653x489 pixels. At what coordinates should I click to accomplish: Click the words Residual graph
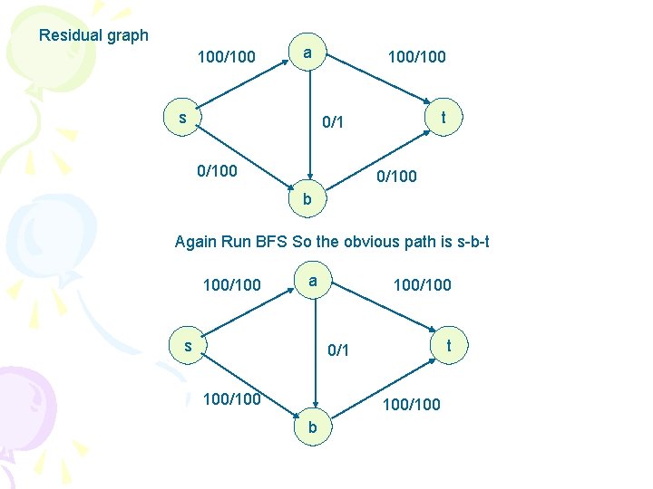pyautogui.click(x=93, y=36)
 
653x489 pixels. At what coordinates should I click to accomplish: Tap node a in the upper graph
pyautogui.click(x=308, y=53)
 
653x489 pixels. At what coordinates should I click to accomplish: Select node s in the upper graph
pyautogui.click(x=182, y=118)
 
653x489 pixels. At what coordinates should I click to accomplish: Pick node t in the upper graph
pyautogui.click(x=443, y=118)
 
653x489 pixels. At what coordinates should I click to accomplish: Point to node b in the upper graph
pyautogui.click(x=307, y=198)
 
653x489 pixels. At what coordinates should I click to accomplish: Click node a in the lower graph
pyautogui.click(x=312, y=282)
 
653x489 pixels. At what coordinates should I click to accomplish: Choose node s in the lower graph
pyautogui.click(x=188, y=346)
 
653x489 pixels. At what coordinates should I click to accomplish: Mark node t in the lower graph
pyautogui.click(x=448, y=345)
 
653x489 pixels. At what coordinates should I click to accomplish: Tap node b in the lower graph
pyautogui.click(x=311, y=426)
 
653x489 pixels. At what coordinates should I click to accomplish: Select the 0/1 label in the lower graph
pyautogui.click(x=337, y=350)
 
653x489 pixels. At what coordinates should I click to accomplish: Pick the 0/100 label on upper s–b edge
pyautogui.click(x=218, y=169)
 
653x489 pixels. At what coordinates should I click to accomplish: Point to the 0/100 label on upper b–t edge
pyautogui.click(x=398, y=177)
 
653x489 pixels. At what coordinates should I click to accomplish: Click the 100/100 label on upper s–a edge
pyautogui.click(x=227, y=58)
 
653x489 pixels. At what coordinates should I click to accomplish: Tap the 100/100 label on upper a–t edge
pyautogui.click(x=416, y=58)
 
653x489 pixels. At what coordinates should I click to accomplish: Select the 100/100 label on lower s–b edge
pyautogui.click(x=232, y=398)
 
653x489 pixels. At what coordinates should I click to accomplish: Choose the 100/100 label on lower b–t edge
pyautogui.click(x=412, y=404)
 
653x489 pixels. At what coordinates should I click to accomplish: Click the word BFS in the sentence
pyautogui.click(x=271, y=242)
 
